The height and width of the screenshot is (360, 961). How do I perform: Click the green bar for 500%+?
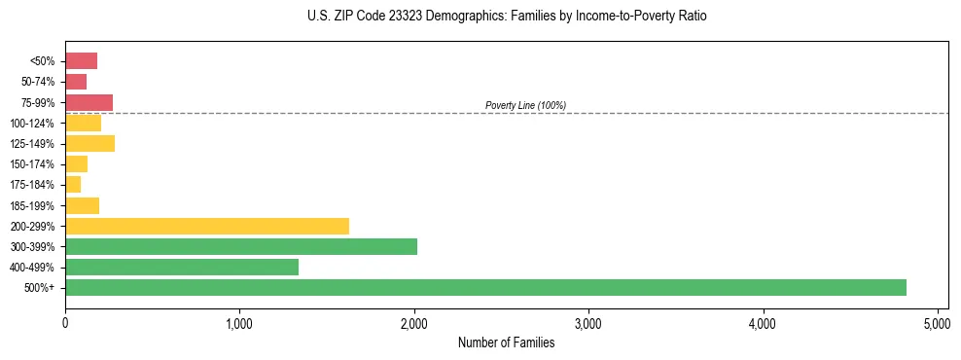pos(485,287)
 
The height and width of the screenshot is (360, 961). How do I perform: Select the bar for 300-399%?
pos(240,246)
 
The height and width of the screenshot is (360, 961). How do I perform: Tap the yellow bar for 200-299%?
pos(206,226)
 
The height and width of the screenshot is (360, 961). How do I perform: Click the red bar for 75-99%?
pos(89,102)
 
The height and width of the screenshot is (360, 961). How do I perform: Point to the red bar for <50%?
pos(81,61)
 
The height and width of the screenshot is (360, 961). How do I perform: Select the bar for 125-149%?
pos(89,144)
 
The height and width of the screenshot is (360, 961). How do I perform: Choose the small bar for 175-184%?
pos(73,185)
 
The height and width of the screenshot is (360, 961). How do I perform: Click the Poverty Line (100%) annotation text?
pos(525,105)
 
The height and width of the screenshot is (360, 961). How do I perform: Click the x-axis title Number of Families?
pos(506,342)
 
